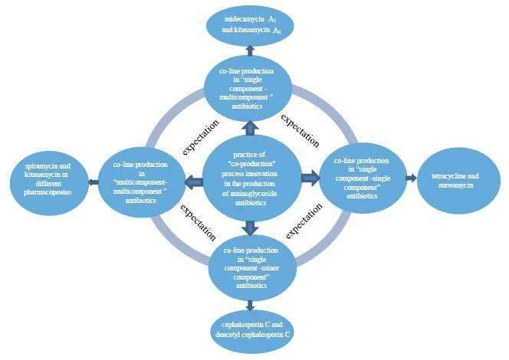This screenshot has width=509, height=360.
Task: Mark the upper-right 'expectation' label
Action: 300,130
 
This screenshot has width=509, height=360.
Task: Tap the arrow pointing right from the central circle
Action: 310,178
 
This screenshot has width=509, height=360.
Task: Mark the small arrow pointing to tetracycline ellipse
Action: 411,178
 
